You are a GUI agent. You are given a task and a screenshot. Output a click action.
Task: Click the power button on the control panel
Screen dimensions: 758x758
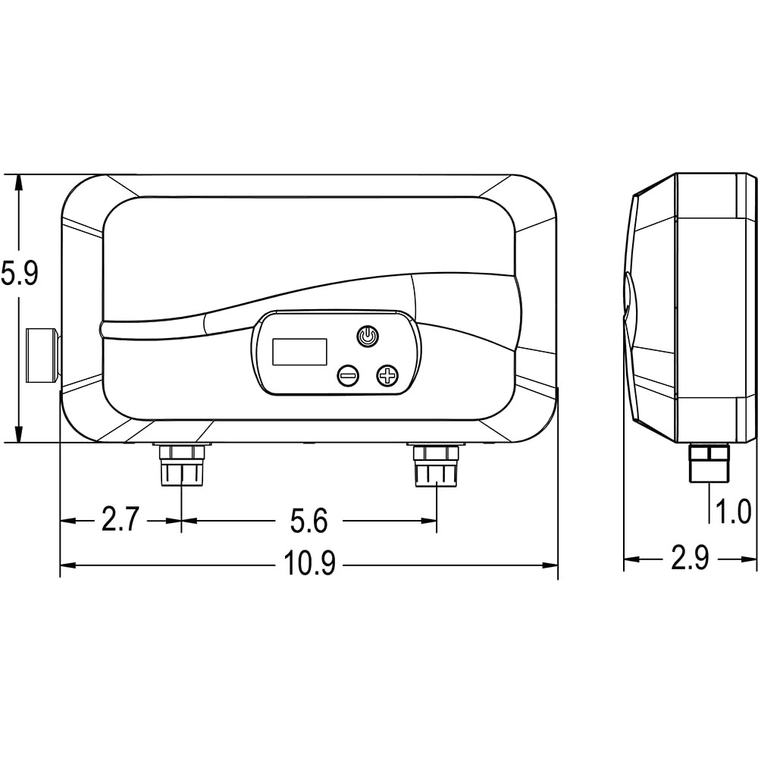[368, 337]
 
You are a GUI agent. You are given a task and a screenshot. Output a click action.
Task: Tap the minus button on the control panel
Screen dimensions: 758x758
[348, 374]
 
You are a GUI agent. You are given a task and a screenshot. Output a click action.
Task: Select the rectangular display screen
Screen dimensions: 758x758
[299, 352]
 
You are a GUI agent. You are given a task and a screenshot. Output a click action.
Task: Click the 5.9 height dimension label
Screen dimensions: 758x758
[19, 274]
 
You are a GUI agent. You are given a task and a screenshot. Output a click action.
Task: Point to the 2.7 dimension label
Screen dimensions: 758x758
[121, 520]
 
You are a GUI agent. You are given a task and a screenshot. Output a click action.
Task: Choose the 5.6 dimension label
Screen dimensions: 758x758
[309, 521]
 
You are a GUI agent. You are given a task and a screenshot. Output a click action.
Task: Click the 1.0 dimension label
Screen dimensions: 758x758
[733, 512]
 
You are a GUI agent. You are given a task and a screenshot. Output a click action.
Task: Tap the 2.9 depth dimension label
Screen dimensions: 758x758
[690, 559]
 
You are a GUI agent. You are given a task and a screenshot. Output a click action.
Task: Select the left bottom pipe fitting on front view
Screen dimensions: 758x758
[182, 465]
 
